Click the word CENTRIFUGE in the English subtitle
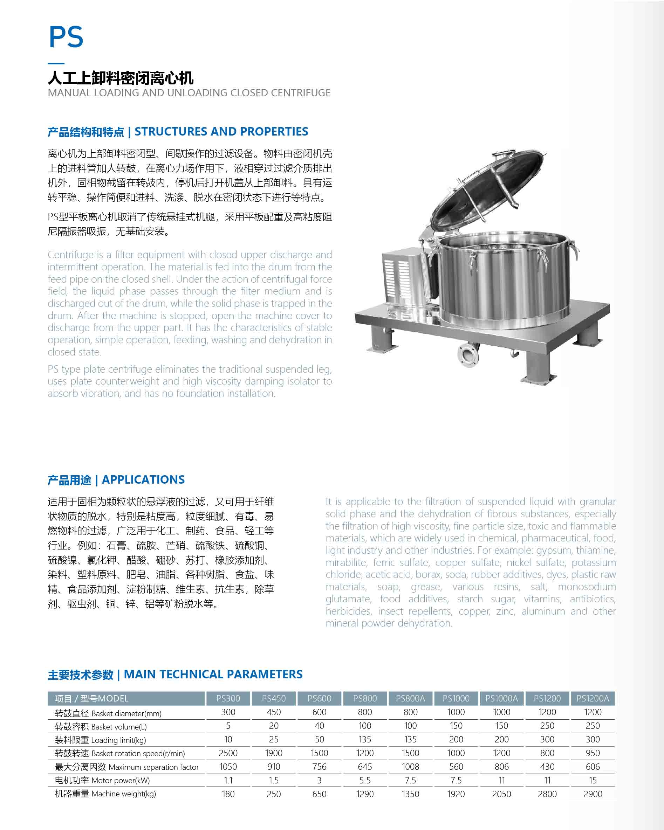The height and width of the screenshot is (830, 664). point(300,93)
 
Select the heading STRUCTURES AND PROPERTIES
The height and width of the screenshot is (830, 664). point(221,132)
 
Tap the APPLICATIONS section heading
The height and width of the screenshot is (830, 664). point(143,480)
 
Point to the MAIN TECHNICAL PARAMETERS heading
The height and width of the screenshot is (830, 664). point(213,675)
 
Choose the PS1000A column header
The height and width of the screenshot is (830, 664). point(501,698)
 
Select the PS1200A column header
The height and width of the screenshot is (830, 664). point(593,698)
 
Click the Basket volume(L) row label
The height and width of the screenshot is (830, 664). point(119,727)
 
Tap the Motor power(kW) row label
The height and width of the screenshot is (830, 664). point(121,780)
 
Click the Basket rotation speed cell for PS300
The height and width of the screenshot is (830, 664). point(228,753)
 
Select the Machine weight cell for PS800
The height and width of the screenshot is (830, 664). point(365,794)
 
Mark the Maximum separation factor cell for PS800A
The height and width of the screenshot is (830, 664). point(410,767)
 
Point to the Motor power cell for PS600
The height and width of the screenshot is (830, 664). point(319,780)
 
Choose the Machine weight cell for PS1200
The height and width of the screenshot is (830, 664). point(547,794)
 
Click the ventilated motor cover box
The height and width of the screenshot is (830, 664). point(403,277)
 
